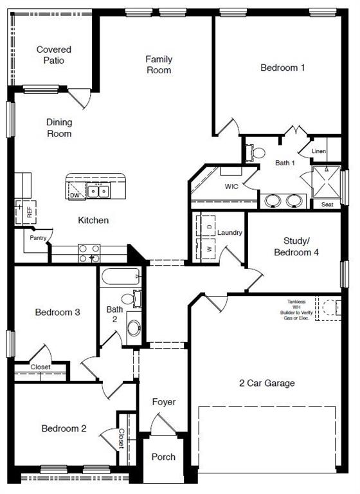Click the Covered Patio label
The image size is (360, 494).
(53, 55)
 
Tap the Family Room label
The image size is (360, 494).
(158, 64)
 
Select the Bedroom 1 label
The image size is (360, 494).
(282, 68)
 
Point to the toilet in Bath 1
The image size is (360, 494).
(257, 153)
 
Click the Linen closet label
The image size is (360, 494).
(319, 151)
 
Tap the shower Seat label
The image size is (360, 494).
(327, 205)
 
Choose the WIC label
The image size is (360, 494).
(231, 187)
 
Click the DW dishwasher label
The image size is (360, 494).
(75, 195)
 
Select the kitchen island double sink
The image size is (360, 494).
(98, 190)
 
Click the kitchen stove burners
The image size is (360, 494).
(89, 253)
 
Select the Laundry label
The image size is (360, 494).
(230, 232)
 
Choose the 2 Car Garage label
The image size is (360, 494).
(267, 383)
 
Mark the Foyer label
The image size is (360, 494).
(163, 402)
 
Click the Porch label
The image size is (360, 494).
(163, 457)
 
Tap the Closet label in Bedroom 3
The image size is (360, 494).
(40, 367)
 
